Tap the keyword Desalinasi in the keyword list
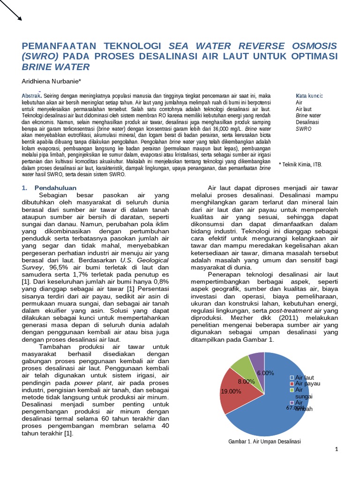tap(307, 121)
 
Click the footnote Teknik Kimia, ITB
tap(300, 165)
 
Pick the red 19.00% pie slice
tap(234, 391)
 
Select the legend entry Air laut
tap(304, 377)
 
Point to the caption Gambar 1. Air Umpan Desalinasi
tap(264, 442)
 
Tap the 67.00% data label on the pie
tap(295, 408)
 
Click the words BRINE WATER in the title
tap(56, 67)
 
